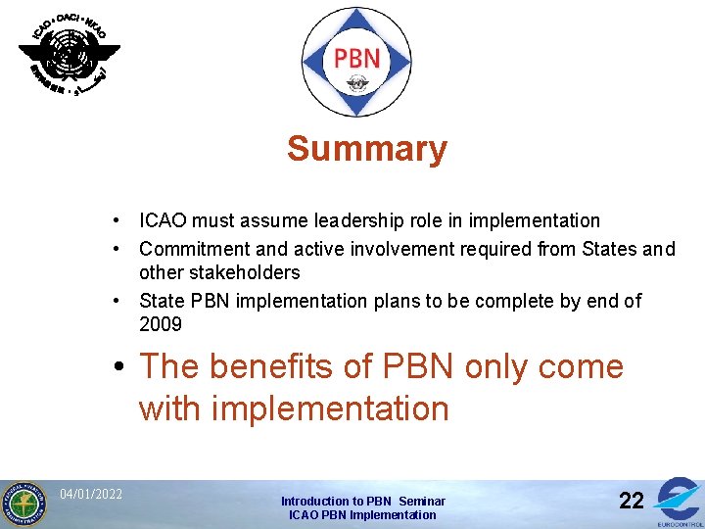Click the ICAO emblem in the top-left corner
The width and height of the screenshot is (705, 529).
(69, 53)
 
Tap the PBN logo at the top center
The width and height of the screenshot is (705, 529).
(356, 60)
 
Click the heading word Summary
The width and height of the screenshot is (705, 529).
(367, 150)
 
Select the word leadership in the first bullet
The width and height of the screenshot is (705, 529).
(391, 221)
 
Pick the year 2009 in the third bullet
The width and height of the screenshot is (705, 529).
(161, 324)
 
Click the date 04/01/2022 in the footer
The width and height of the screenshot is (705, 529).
(91, 494)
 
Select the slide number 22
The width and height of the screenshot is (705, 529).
(632, 502)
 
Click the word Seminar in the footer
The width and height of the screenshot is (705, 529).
(422, 501)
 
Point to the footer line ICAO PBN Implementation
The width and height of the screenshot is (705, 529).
(362, 515)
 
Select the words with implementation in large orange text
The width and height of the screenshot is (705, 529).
(294, 409)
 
